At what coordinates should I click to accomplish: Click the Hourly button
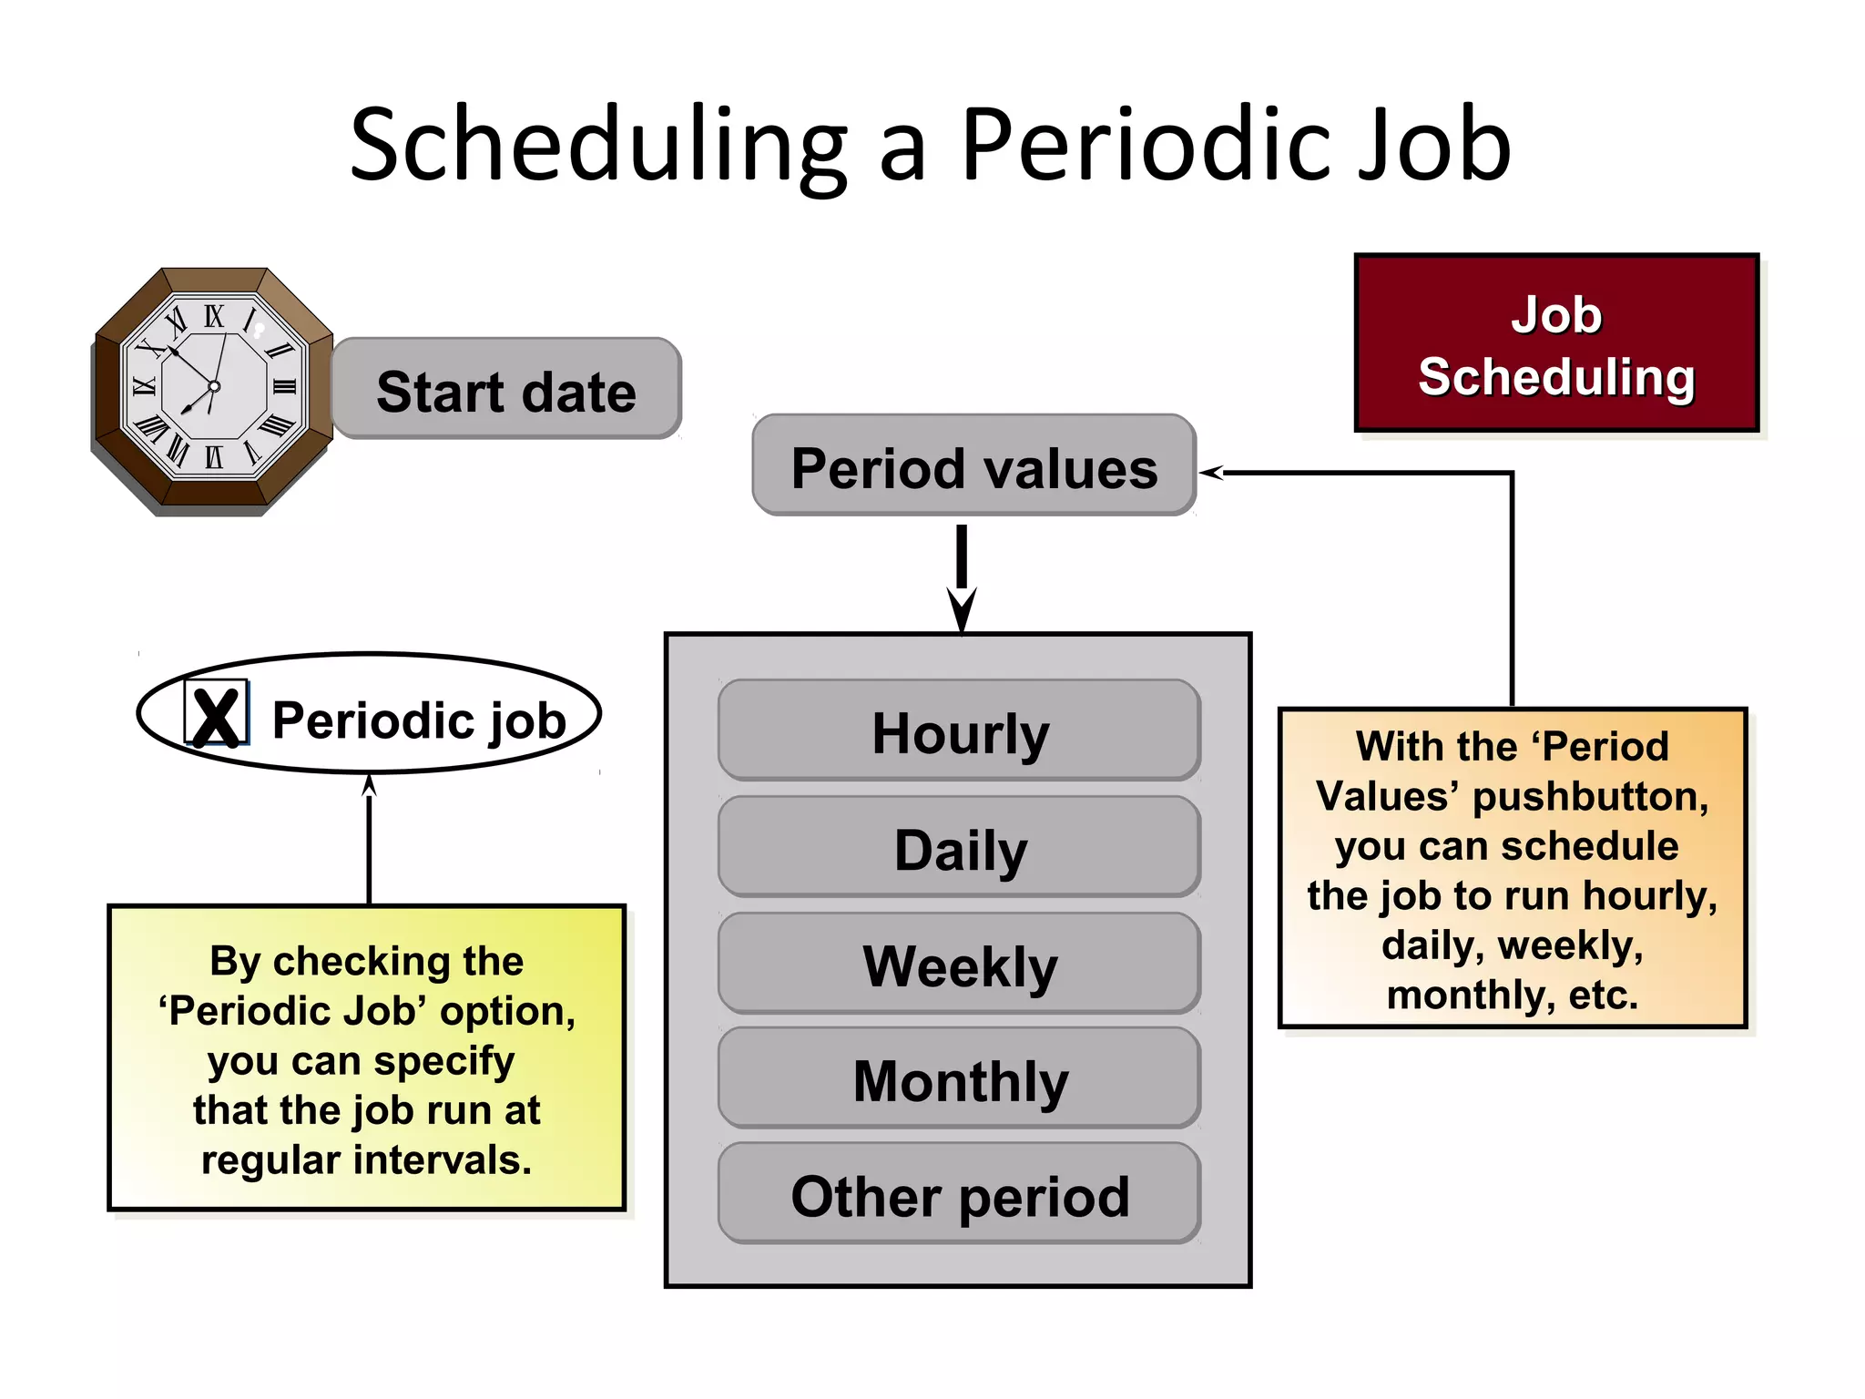(x=959, y=730)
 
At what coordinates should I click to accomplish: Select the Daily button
(x=959, y=847)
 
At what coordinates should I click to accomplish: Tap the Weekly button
(x=959, y=964)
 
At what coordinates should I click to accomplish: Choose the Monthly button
(x=959, y=1079)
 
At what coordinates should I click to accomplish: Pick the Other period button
(x=959, y=1194)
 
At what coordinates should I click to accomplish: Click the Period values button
(x=973, y=466)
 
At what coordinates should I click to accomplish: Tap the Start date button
(x=506, y=390)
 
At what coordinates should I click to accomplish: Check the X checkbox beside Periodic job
(x=216, y=715)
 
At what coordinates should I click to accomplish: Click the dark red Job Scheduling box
(x=1556, y=343)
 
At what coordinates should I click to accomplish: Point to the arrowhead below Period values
(x=962, y=612)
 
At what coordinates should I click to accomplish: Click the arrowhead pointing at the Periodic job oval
(x=369, y=784)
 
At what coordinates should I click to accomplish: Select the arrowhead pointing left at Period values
(x=1211, y=472)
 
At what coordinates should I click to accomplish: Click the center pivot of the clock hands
(x=214, y=386)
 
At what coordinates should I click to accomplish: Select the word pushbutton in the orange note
(x=1589, y=796)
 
